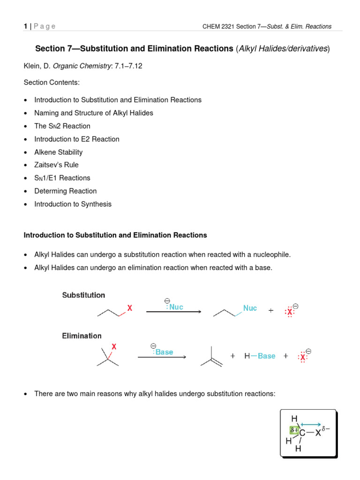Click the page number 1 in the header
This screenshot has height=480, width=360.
click(x=25, y=26)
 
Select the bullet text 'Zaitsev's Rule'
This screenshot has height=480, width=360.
click(x=56, y=165)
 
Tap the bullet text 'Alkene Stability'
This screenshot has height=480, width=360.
click(x=58, y=152)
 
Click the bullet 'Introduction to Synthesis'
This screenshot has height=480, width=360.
click(x=73, y=204)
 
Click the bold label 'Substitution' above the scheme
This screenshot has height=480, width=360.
click(x=84, y=295)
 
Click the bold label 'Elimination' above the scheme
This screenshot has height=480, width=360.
click(x=82, y=336)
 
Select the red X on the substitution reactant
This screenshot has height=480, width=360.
click(x=130, y=308)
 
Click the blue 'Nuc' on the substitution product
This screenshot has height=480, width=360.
click(x=250, y=308)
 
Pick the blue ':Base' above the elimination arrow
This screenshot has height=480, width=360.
click(x=163, y=352)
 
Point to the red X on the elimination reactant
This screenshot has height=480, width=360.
click(x=114, y=347)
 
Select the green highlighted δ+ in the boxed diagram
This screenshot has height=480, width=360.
click(x=294, y=430)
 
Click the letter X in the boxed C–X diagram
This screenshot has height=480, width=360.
click(x=318, y=433)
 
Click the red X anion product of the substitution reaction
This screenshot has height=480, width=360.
click(x=290, y=310)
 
